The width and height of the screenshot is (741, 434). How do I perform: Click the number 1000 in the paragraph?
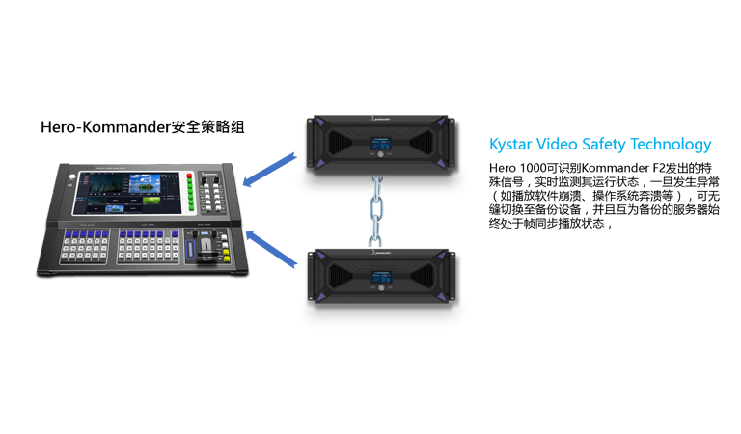click(533, 168)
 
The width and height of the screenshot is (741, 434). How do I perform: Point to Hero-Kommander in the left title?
click(105, 127)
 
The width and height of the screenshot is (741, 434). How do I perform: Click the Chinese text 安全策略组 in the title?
click(207, 127)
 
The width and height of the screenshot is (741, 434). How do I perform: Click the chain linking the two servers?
click(376, 210)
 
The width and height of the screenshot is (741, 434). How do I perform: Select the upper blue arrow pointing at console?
click(269, 170)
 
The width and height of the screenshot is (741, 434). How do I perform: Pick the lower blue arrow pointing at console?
click(271, 249)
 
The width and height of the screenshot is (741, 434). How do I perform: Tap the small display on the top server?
click(381, 143)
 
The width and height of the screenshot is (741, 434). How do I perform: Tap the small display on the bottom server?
click(381, 277)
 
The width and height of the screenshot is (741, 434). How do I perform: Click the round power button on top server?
click(381, 154)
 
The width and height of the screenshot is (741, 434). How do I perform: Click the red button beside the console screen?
click(189, 176)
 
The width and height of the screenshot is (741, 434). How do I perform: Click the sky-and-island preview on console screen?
click(144, 183)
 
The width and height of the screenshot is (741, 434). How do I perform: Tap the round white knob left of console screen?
click(72, 177)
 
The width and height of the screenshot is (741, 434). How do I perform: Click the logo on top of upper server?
click(381, 118)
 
